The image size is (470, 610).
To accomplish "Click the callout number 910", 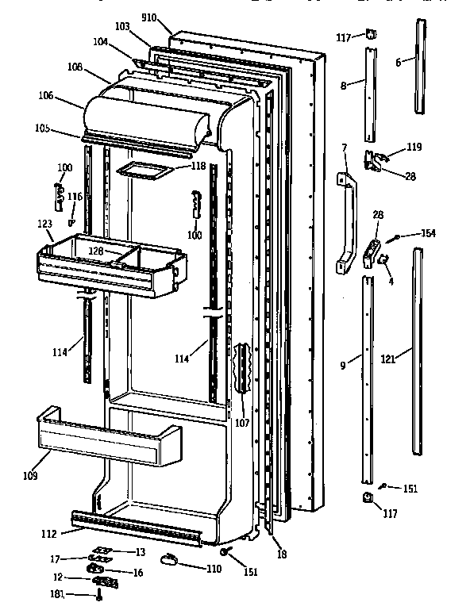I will [x=149, y=16].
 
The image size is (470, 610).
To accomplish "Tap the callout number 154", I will [x=428, y=233].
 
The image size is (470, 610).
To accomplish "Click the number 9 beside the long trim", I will [x=342, y=366].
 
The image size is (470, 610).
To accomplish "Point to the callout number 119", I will [x=414, y=147].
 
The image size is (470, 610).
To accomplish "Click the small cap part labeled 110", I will [x=171, y=561].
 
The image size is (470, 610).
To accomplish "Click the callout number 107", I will [x=242, y=423].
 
